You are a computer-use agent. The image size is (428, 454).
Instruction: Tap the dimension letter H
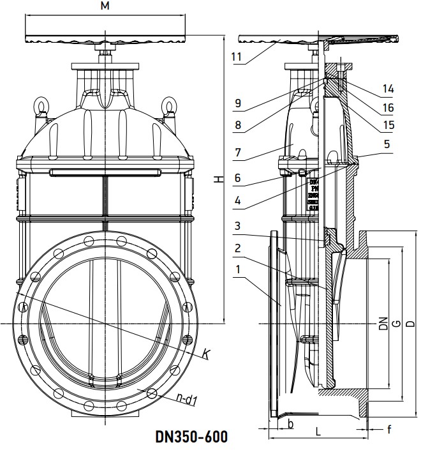click(x=218, y=180)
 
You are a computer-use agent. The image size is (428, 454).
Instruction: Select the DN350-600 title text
click(x=191, y=437)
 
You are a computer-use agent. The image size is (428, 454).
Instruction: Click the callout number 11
click(x=237, y=57)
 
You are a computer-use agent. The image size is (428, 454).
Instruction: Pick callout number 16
click(x=388, y=107)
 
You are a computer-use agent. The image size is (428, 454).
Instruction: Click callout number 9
click(x=238, y=102)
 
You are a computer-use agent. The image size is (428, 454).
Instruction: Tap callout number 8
click(x=238, y=125)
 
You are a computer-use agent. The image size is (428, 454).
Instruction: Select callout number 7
click(x=238, y=154)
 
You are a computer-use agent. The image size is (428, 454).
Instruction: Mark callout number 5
click(x=387, y=144)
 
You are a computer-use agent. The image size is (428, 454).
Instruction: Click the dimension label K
click(x=207, y=352)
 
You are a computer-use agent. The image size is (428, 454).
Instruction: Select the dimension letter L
click(x=318, y=432)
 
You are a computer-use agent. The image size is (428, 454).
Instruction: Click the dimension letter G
click(x=396, y=324)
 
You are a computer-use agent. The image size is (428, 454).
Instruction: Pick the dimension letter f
click(x=388, y=429)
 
